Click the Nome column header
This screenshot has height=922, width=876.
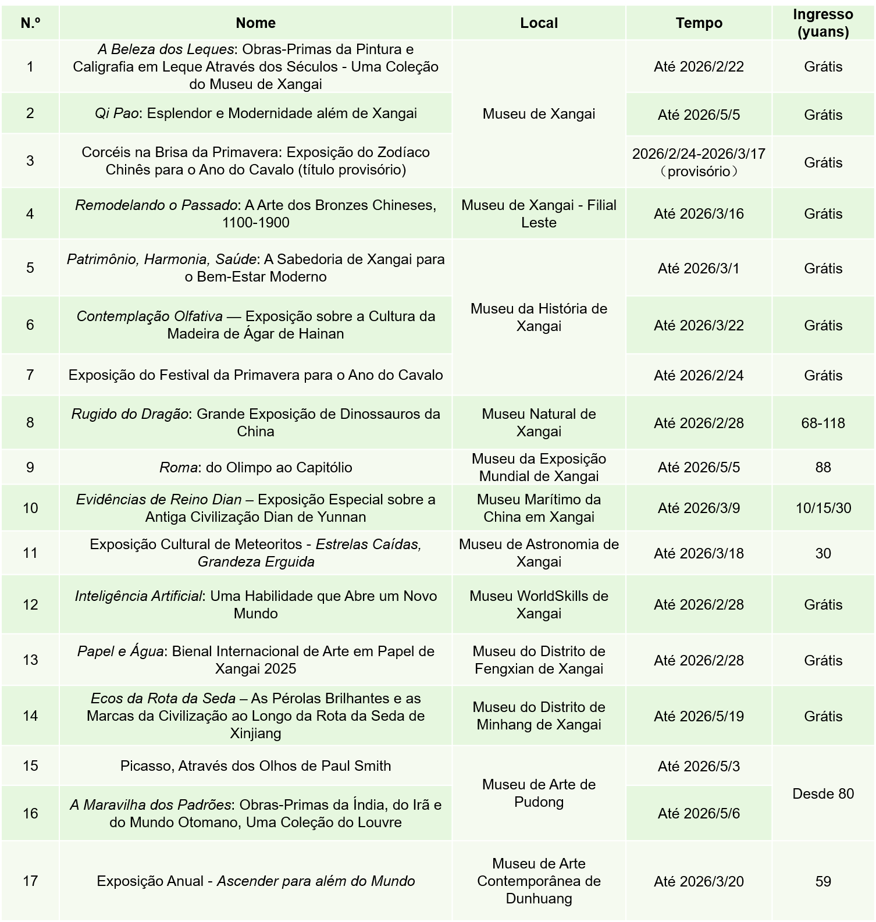click(255, 23)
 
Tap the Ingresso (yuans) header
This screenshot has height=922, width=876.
click(822, 23)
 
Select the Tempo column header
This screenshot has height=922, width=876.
click(699, 23)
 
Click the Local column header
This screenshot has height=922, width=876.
click(539, 23)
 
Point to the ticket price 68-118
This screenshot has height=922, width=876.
click(822, 423)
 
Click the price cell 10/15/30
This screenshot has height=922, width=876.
click(822, 508)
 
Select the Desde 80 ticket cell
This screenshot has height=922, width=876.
click(822, 793)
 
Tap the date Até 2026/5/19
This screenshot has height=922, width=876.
click(699, 716)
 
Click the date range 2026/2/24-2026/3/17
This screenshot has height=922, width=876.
click(699, 154)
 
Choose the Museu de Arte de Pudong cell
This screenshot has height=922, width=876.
click(539, 793)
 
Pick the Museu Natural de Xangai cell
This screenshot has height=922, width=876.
click(539, 422)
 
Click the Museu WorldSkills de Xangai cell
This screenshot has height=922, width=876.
click(539, 604)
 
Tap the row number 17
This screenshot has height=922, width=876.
click(30, 881)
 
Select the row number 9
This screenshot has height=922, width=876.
click(30, 467)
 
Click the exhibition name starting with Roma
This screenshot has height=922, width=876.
click(255, 467)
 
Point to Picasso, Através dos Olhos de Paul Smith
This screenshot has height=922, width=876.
click(255, 766)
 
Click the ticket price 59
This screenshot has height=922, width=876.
click(822, 881)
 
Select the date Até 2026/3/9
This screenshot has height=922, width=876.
click(699, 508)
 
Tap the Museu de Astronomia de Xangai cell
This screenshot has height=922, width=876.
click(539, 553)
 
